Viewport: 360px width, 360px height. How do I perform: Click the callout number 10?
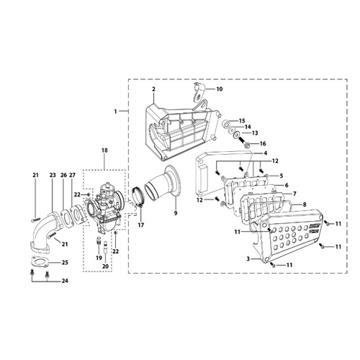[220, 89]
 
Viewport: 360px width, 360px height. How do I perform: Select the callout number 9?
[176, 213]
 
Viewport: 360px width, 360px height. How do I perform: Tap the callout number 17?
[141, 225]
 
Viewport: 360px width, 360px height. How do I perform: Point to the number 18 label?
[104, 150]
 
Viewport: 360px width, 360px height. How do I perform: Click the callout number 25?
[65, 262]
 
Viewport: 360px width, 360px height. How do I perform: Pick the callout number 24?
[65, 281]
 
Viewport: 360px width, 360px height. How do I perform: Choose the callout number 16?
[263, 143]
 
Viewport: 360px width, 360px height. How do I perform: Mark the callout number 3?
[248, 258]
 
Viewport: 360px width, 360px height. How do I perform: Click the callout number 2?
[153, 89]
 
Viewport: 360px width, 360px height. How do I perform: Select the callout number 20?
[105, 266]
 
